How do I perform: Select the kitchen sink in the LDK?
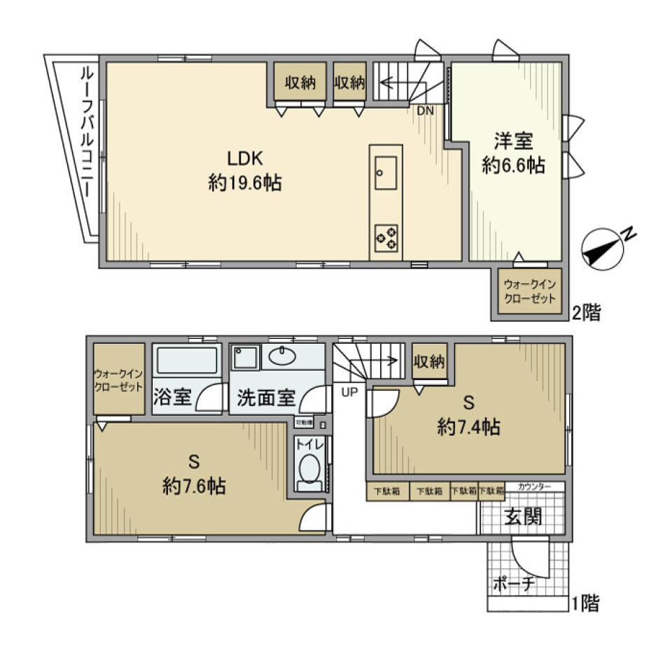coord(386,172)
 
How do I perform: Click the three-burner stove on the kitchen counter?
coord(386,237)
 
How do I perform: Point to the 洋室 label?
coord(514,141)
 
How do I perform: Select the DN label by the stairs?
coord(426,111)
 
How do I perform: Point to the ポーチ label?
coord(514,583)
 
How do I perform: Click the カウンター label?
coord(534,486)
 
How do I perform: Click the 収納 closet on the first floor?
coord(429,362)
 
